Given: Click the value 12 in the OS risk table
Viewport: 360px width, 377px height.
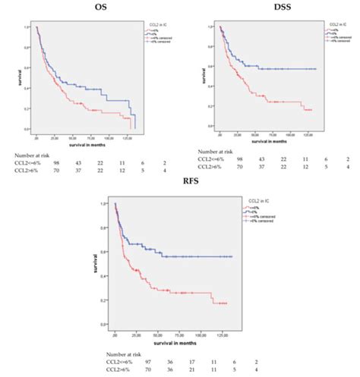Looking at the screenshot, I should (122, 174).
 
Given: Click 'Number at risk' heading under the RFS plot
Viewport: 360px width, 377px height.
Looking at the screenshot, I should (125, 344).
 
